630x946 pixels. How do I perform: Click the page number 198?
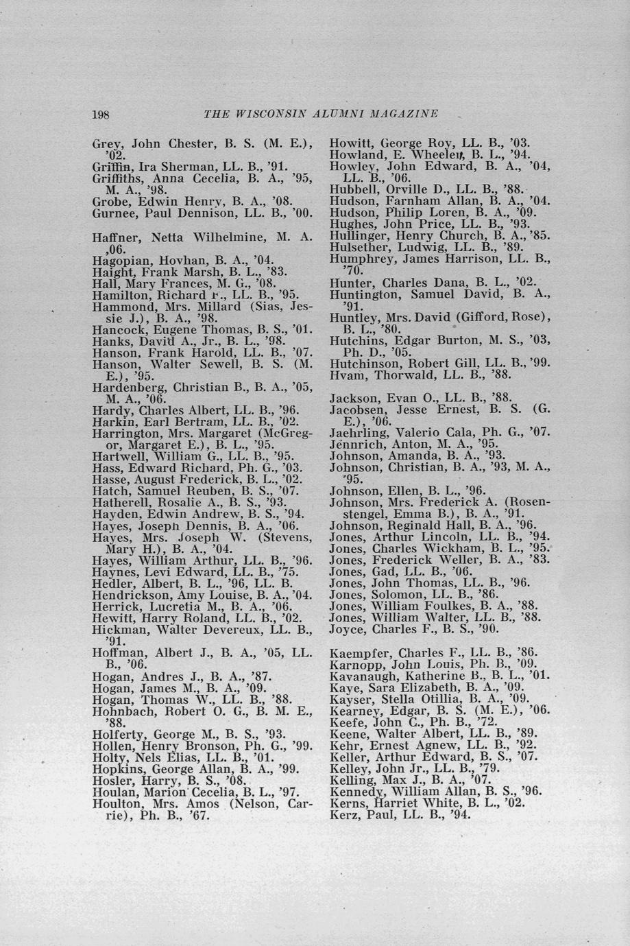tap(101, 114)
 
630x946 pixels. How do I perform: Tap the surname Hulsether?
tap(354, 248)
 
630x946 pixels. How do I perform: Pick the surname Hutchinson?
tap(361, 364)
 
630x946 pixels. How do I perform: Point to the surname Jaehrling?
tap(356, 433)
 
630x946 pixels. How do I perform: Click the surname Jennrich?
tap(353, 445)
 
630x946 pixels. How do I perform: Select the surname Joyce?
tap(346, 629)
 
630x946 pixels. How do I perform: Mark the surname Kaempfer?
tap(357, 652)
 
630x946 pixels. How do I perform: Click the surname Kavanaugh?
tap(359, 676)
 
